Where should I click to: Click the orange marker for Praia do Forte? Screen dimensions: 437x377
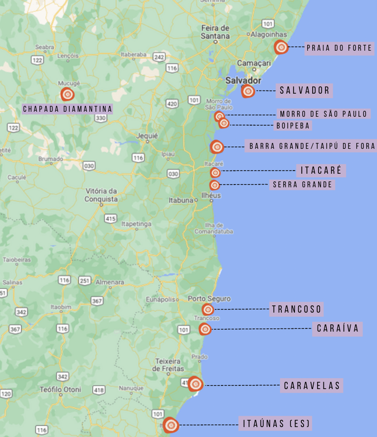click(281, 47)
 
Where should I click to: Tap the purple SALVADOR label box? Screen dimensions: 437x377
click(305, 90)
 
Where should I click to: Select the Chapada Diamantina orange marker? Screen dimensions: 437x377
click(68, 95)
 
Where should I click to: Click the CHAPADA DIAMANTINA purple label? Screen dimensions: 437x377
click(68, 109)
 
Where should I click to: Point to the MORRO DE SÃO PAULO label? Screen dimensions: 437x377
click(324, 114)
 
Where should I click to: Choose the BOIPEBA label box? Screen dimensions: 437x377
click(293, 126)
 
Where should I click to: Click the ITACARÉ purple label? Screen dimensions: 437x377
click(321, 171)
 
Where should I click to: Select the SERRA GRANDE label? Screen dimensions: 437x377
click(303, 185)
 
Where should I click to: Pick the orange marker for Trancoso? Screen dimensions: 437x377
click(208, 309)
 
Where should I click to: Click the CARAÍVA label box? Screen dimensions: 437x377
click(338, 328)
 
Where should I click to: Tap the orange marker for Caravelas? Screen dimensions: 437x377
click(196, 384)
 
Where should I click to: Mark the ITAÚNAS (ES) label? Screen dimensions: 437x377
click(276, 424)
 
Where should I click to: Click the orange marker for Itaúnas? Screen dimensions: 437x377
click(171, 425)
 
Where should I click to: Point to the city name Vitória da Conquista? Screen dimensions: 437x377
click(101, 195)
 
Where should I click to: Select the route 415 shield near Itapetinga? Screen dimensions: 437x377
click(111, 219)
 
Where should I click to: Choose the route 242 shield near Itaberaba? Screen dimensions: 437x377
click(159, 57)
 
